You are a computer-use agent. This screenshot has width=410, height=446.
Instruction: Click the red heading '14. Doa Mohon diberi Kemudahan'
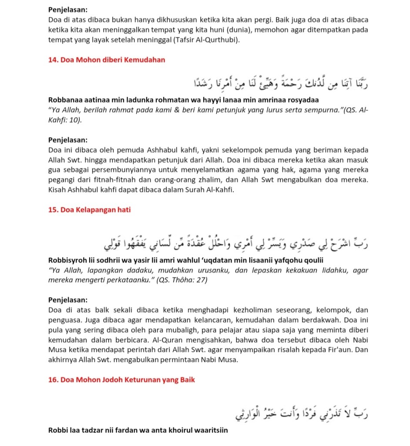point(107,60)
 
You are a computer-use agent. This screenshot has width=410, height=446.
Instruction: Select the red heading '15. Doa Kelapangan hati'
point(89,210)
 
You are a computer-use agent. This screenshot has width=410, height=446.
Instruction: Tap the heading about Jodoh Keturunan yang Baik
point(121,380)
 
